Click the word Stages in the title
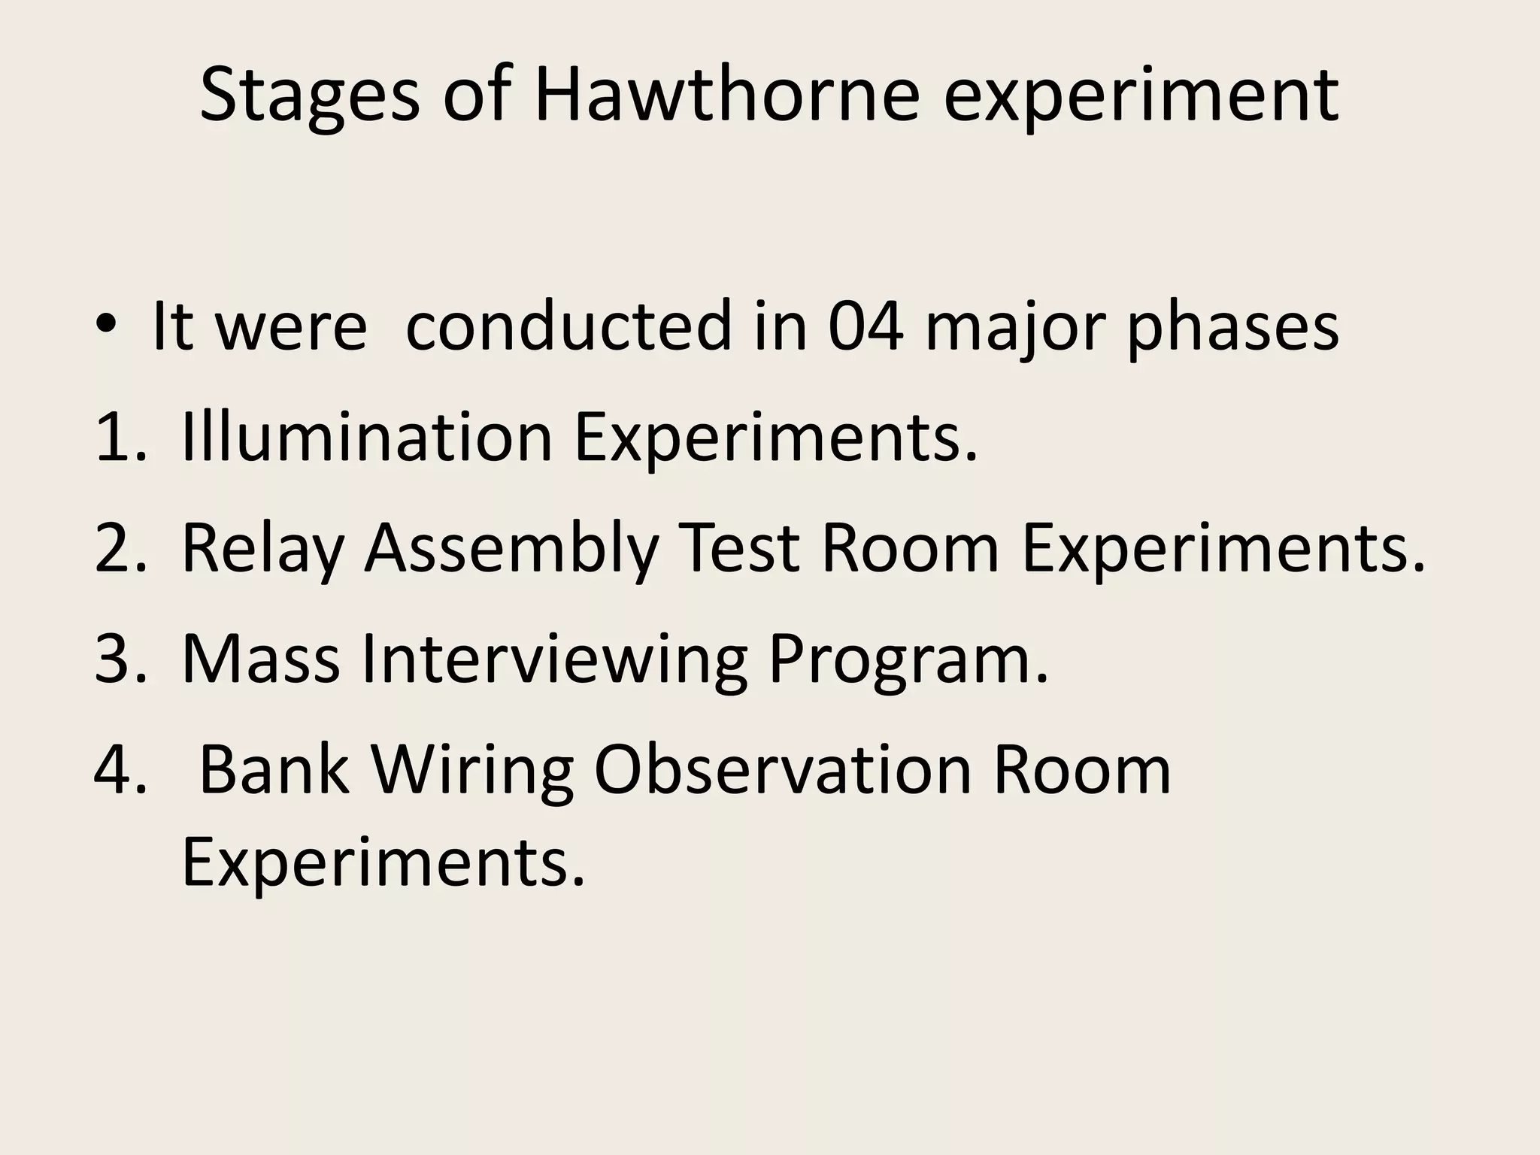309,96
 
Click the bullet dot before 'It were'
107,325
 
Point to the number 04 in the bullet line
865,325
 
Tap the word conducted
568,325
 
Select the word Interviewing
554,659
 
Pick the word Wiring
471,772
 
